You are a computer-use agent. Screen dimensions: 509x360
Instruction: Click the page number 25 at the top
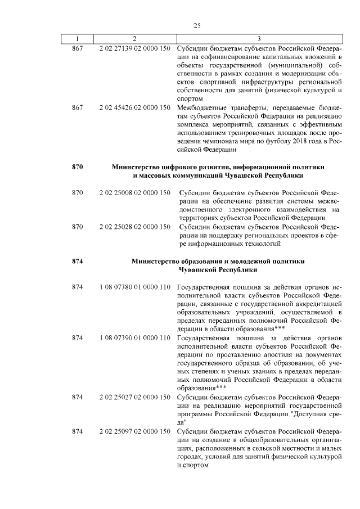pyautogui.click(x=197, y=25)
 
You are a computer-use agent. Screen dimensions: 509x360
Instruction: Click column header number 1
pyautogui.click(x=78, y=38)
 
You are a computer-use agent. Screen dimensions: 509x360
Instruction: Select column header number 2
pyautogui.click(x=134, y=38)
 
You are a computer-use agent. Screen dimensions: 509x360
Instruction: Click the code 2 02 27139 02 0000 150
pyautogui.click(x=134, y=49)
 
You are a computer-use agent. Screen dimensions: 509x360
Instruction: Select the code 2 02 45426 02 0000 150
pyautogui.click(x=134, y=107)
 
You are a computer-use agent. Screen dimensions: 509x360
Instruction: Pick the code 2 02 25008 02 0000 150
pyautogui.click(x=134, y=192)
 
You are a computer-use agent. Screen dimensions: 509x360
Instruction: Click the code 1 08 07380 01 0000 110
pyautogui.click(x=134, y=287)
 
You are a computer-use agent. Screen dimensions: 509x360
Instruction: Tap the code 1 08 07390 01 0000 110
pyautogui.click(x=134, y=337)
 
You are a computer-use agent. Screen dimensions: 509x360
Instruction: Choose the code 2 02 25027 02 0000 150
pyautogui.click(x=134, y=397)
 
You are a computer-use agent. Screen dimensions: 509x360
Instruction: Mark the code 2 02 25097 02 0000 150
pyautogui.click(x=134, y=431)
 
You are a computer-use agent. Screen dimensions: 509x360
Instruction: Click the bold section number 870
pyautogui.click(x=78, y=167)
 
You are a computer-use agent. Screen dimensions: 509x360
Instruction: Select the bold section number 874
pyautogui.click(x=78, y=262)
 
